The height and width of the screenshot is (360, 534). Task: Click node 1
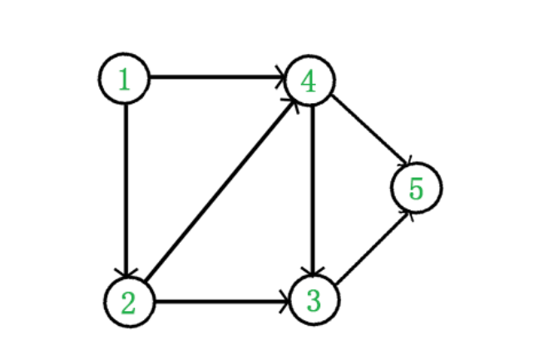[x=125, y=79]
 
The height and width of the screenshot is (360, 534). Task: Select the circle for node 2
[x=130, y=301]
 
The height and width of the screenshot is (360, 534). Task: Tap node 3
[x=314, y=299]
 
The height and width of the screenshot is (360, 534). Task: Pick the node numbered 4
[x=309, y=81]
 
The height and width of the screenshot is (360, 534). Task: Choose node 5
[x=416, y=188]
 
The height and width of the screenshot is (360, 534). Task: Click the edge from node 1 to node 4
[x=216, y=78]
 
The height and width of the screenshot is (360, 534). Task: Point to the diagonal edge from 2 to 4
[x=220, y=191]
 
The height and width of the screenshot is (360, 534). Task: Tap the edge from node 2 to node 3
[x=220, y=301]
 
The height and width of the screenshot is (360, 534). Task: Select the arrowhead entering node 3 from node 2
[x=284, y=301]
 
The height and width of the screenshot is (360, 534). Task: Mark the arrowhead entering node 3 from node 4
[x=312, y=270]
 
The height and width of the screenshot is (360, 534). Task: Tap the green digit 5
[x=416, y=189]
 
